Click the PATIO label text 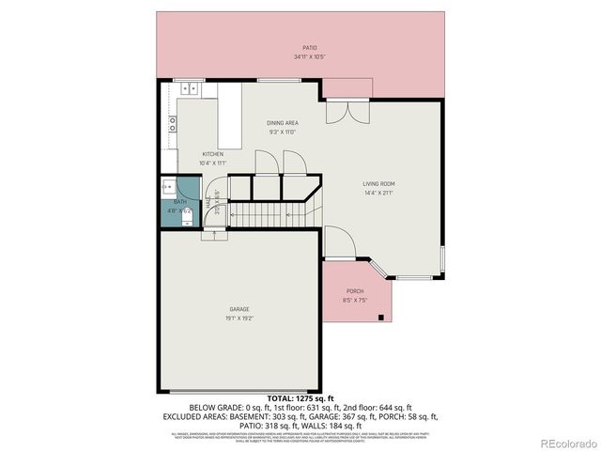(309, 47)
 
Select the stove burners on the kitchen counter (172, 120)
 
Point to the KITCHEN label (212, 154)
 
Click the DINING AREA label (283, 123)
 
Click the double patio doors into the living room (347, 112)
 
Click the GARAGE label (239, 309)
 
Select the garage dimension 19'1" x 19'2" (239, 319)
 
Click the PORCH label (355, 291)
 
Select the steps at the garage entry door (213, 237)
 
